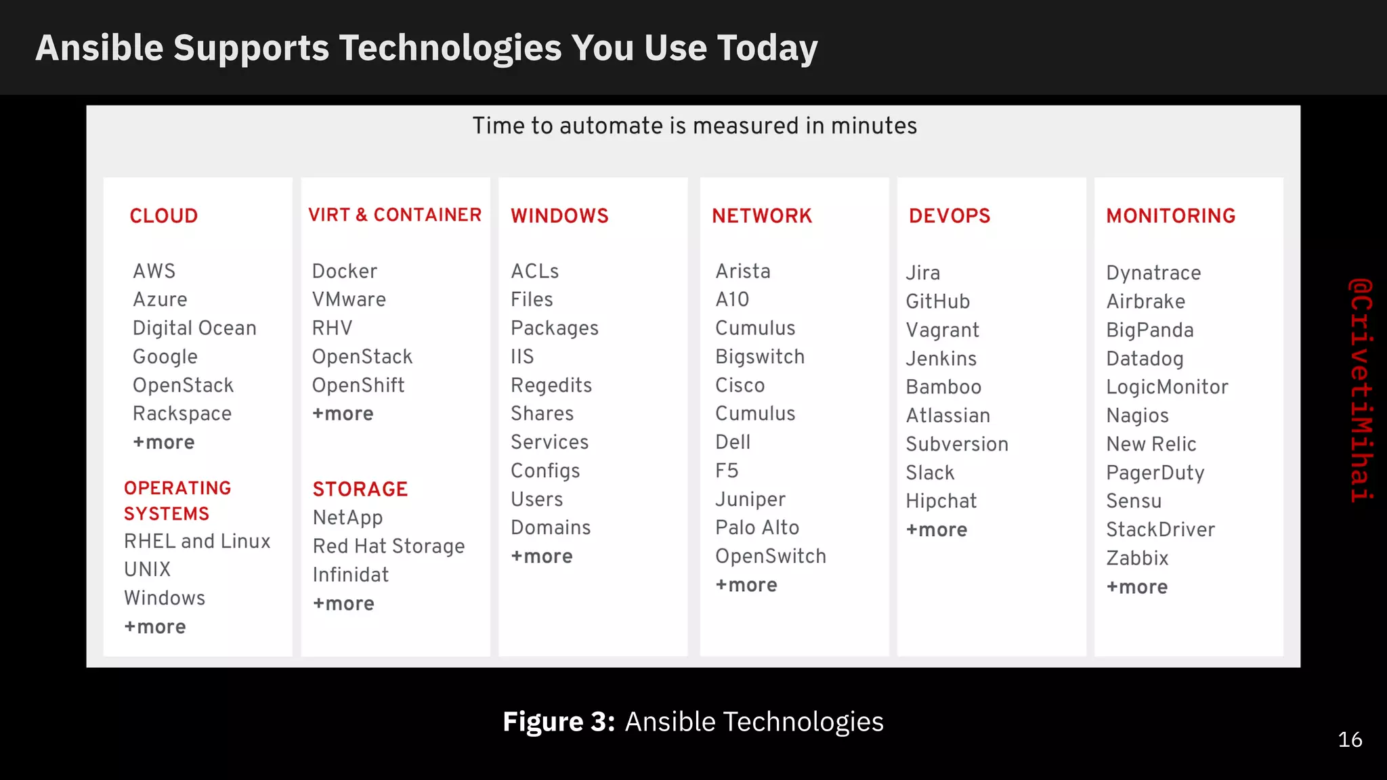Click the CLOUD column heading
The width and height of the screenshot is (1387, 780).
[x=164, y=216]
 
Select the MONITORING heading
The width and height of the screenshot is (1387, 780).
[x=1171, y=216]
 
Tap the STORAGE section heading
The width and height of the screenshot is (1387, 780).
[x=360, y=489]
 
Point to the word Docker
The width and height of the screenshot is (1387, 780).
[x=345, y=272]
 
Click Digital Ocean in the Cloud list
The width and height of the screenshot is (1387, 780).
[x=194, y=328]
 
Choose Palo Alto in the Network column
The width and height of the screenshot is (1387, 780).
[x=757, y=528]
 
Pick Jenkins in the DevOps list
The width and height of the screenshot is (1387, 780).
[x=941, y=359]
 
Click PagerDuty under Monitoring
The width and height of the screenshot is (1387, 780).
[x=1155, y=473]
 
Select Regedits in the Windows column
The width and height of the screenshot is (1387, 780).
[x=551, y=386]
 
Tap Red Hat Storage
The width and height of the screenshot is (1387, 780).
[x=389, y=546]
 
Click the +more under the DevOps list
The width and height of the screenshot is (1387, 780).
[x=937, y=530]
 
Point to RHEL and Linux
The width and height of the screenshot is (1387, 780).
[x=197, y=542]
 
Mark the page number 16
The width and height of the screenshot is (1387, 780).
[x=1350, y=739]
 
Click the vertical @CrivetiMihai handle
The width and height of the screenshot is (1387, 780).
[x=1361, y=390]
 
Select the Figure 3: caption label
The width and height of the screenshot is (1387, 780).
[x=559, y=722]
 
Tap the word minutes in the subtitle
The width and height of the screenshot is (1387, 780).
[x=874, y=126]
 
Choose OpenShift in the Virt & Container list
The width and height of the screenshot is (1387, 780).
[x=358, y=385]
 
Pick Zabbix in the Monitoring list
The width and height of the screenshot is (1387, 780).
[x=1137, y=559]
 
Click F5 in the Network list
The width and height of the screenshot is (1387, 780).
[x=727, y=471]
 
